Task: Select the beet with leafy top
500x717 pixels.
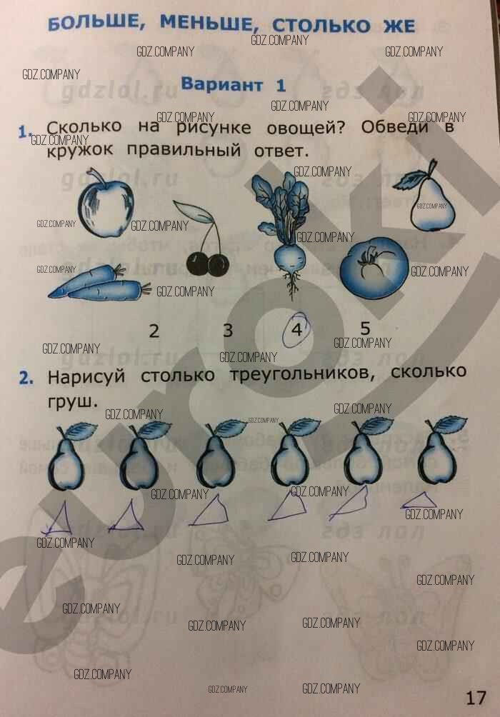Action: coord(283,234)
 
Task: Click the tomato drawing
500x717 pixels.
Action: coord(374,269)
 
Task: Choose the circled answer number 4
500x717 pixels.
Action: coord(297,329)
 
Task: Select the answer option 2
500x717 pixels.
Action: coord(154,331)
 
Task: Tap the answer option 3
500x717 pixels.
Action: coord(228,330)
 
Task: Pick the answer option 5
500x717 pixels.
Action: coord(364,328)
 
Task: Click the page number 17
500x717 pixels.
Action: coord(475,698)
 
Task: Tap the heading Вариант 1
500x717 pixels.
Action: coord(234,84)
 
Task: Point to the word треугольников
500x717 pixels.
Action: coord(302,375)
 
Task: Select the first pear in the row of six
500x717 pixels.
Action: coord(69,457)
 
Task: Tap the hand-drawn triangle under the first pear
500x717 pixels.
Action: coord(58,519)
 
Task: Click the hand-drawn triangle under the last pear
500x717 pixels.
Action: coord(419,500)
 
